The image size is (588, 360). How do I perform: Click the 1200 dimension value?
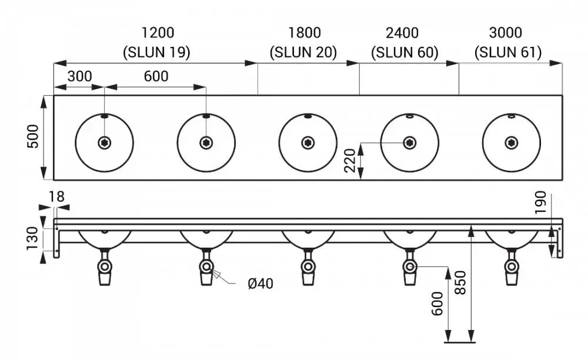[x=158, y=32]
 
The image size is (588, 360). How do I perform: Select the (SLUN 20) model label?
[x=303, y=52]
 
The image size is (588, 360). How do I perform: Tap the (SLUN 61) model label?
[x=508, y=52]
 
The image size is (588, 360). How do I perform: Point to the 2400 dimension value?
[x=402, y=33]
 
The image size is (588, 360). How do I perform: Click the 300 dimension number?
[x=79, y=76]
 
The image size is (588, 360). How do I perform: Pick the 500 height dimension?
[x=33, y=136]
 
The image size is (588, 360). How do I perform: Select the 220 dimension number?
[x=349, y=161]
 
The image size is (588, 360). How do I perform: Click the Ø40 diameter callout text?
[x=260, y=284]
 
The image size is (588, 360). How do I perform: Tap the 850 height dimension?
[x=460, y=282]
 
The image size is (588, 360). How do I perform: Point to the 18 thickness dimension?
[x=56, y=196]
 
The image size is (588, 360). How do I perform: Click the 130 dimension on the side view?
[x=32, y=238]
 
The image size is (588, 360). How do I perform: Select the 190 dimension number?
[x=540, y=202]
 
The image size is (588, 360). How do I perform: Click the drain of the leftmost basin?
[x=104, y=142]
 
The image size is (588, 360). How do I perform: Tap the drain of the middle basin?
[x=308, y=142]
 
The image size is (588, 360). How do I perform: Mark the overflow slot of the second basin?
[x=206, y=116]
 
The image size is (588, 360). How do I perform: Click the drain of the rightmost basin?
[x=512, y=142]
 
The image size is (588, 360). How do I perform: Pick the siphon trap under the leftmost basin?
[x=105, y=267]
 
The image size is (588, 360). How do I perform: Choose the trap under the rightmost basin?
[x=512, y=267]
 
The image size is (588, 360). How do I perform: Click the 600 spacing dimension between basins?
[x=156, y=76]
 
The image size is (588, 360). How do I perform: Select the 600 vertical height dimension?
[x=437, y=304]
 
